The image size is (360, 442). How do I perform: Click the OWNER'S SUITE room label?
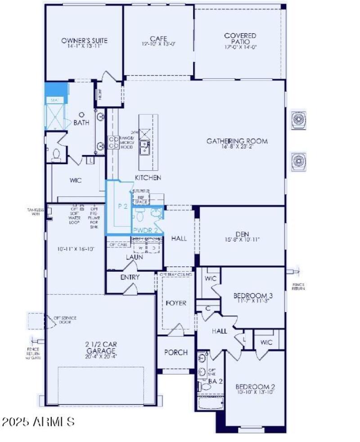point(84,40)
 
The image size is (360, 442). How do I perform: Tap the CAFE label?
point(158,39)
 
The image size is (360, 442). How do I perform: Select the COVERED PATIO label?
point(240,39)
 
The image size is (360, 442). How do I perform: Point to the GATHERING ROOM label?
point(237,141)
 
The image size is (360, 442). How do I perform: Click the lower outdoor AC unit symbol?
point(299,161)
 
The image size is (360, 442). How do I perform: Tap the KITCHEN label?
point(148,178)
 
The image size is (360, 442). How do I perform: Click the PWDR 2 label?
point(145,230)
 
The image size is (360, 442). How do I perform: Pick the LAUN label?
point(135,257)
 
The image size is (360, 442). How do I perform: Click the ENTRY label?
point(130,277)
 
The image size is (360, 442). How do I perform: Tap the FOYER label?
point(176,303)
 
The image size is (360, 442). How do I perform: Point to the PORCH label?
point(176,352)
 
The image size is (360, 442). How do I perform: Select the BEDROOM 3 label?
point(252,296)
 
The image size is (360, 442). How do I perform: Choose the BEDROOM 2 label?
point(255,387)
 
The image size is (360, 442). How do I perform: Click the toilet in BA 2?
point(205,386)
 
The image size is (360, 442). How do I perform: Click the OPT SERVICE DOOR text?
point(65,320)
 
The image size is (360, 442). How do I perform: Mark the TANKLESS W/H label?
point(35,211)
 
